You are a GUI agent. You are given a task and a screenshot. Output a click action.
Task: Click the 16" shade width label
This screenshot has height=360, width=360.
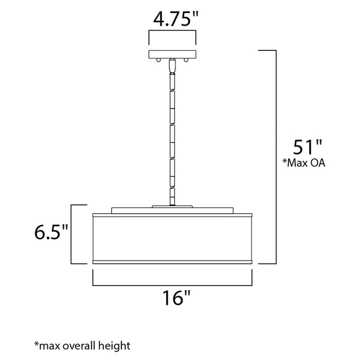(173, 298)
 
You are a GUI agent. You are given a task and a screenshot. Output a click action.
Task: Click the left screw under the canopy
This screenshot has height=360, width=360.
(159, 61)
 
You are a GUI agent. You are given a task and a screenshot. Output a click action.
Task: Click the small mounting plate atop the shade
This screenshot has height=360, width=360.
(172, 207)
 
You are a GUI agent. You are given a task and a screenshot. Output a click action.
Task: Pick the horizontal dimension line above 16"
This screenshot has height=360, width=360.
(173, 284)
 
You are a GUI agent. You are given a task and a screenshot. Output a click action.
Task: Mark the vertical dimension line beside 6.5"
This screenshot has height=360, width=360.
(71, 234)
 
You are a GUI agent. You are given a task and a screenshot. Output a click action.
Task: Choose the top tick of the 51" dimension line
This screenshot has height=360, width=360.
(267, 50)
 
